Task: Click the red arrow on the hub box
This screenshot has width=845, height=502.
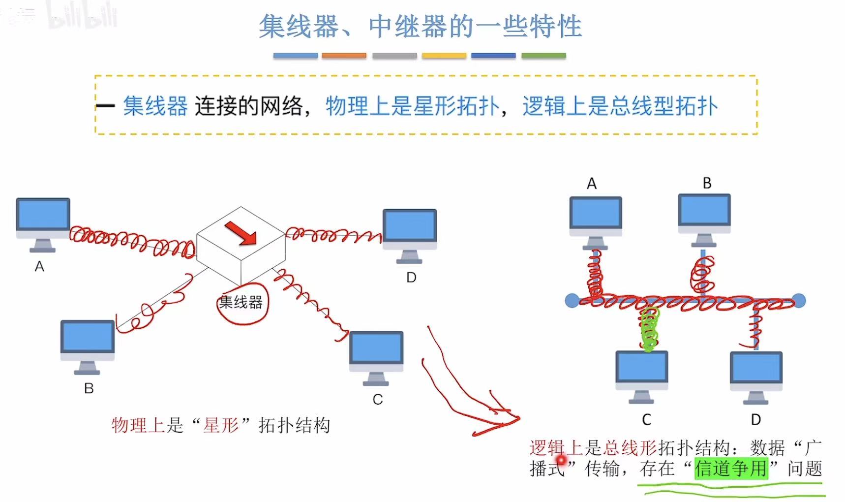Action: coord(241,232)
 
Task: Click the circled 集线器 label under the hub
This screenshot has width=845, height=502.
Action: coord(241,302)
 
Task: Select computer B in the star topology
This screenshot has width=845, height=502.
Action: coord(88,343)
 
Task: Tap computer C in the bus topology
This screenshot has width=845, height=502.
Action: coord(642,372)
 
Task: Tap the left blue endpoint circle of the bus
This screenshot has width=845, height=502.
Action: coord(572,300)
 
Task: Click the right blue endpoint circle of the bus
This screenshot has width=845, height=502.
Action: coord(799,300)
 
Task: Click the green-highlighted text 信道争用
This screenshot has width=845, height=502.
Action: coord(730,468)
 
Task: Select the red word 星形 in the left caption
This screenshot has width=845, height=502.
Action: coord(221,425)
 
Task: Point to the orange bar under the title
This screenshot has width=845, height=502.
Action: coord(344,56)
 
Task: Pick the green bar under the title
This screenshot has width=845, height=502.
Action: coord(543,56)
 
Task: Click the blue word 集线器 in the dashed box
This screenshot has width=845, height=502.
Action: coord(155,106)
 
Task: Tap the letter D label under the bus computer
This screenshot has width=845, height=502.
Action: coord(756,420)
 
